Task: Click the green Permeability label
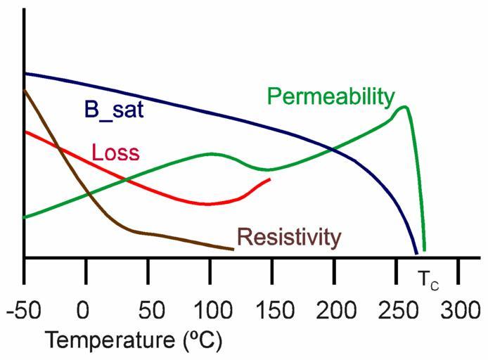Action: [330, 96]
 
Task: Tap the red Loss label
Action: [115, 153]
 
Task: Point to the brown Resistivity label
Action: [289, 238]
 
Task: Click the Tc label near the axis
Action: [428, 279]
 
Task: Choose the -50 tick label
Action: [24, 309]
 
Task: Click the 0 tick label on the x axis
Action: [84, 309]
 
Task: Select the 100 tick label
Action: [210, 309]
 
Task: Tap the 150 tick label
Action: [271, 309]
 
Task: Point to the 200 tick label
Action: [334, 309]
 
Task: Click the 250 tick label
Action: [397, 309]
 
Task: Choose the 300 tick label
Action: [459, 309]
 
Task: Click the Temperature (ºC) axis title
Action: [134, 341]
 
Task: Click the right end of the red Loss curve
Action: [270, 179]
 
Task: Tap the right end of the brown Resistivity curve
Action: [233, 248]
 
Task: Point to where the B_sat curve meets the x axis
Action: [417, 255]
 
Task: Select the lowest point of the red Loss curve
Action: [207, 204]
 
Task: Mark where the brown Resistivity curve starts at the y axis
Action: [25, 90]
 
